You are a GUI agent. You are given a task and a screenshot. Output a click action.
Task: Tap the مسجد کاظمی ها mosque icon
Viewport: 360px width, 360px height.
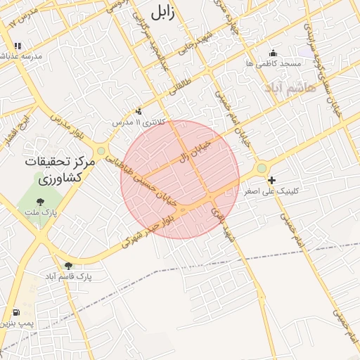[274, 53]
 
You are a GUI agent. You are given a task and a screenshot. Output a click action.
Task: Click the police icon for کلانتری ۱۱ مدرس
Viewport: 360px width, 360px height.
[139, 110]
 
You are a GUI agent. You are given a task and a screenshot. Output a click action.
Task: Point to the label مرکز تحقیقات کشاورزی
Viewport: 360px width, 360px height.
[49, 169]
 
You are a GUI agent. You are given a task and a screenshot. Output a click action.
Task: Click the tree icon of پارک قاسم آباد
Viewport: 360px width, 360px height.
[68, 266]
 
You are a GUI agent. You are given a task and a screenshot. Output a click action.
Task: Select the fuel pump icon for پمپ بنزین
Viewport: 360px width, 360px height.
[16, 312]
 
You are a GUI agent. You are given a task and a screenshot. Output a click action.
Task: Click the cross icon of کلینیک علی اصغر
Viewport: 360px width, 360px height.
[271, 181]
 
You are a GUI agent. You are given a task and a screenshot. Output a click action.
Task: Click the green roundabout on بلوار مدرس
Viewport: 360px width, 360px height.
[101, 150]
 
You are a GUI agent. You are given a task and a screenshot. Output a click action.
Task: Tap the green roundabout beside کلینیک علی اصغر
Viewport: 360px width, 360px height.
[262, 168]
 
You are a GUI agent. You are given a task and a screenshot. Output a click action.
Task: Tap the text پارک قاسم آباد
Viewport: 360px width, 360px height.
[70, 277]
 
